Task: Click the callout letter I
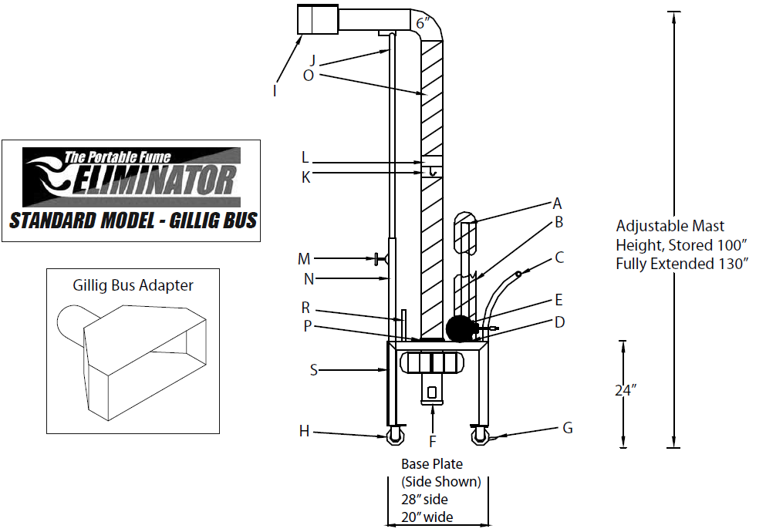click(275, 91)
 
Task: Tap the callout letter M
click(304, 258)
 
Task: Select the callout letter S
click(313, 370)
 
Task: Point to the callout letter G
click(568, 428)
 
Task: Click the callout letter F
click(433, 442)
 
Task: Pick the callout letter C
click(559, 258)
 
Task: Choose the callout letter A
click(557, 204)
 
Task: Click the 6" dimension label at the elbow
click(423, 23)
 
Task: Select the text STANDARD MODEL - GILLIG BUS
click(132, 221)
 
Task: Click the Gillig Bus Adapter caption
click(133, 285)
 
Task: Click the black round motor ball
click(461, 329)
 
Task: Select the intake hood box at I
click(318, 19)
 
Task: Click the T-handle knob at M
click(379, 259)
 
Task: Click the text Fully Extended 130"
click(683, 264)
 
